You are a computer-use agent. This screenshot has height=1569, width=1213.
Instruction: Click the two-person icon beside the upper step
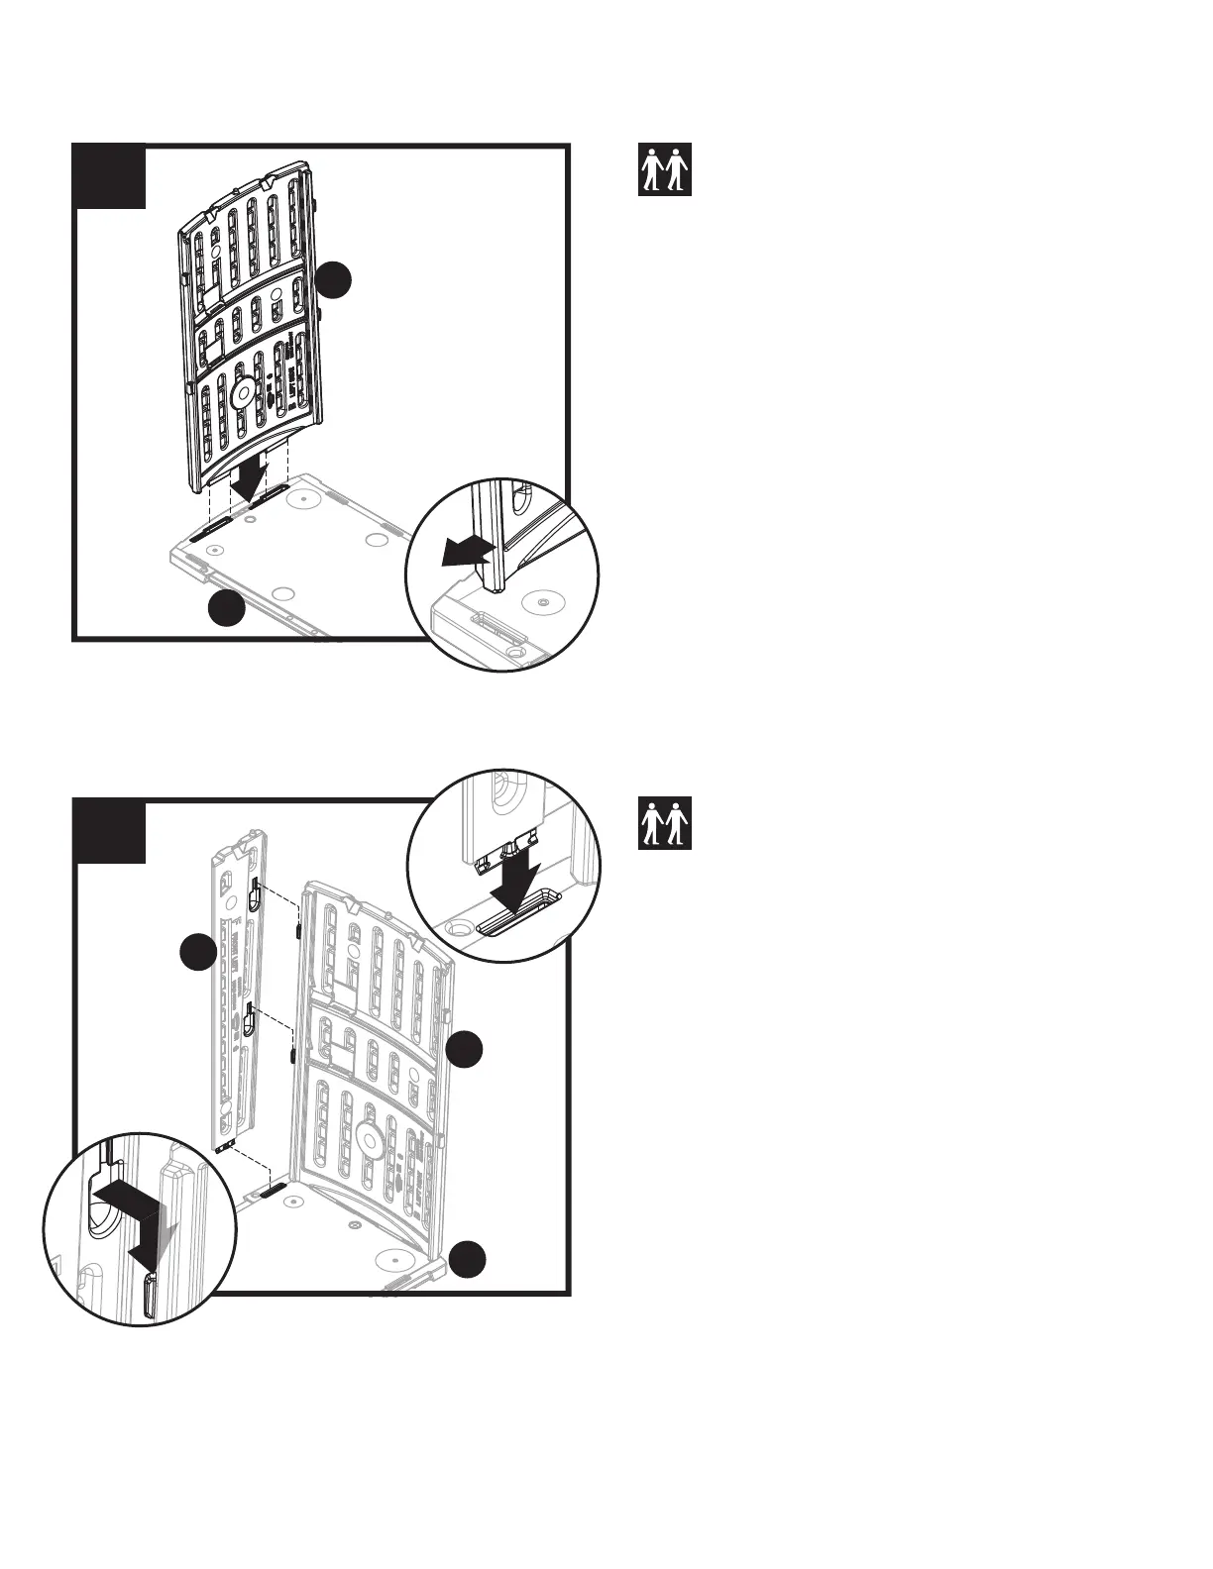coord(664,169)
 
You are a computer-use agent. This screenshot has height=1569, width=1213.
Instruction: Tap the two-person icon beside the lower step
coord(664,823)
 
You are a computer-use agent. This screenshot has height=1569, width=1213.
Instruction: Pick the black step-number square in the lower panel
coord(111,831)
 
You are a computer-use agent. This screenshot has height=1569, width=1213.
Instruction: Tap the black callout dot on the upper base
coord(227,608)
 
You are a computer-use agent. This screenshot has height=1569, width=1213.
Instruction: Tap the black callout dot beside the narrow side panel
coord(198,952)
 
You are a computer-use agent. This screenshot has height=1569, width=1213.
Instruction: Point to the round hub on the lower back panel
coord(372,1140)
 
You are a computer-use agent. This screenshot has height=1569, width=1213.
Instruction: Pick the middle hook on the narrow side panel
coord(251,1020)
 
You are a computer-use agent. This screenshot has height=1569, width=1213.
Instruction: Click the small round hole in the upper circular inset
coord(541,601)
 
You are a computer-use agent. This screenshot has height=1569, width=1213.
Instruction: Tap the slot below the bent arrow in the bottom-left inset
coord(151,1298)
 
